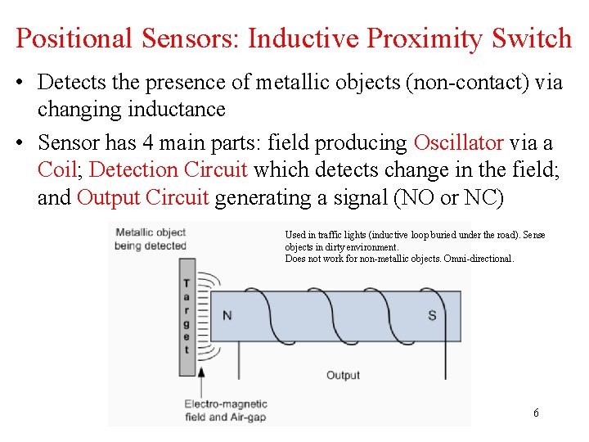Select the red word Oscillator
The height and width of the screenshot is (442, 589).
458,143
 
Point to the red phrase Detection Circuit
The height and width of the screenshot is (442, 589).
169,170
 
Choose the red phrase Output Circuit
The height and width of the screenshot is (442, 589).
143,198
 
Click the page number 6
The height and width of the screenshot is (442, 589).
536,413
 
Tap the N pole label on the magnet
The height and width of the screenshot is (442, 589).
227,315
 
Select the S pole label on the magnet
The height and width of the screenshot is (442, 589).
432,315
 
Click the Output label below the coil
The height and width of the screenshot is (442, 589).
343,375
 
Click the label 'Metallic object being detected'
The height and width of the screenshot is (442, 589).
151,238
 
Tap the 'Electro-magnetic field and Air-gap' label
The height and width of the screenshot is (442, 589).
224,410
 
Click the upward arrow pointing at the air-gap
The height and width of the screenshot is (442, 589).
201,381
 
